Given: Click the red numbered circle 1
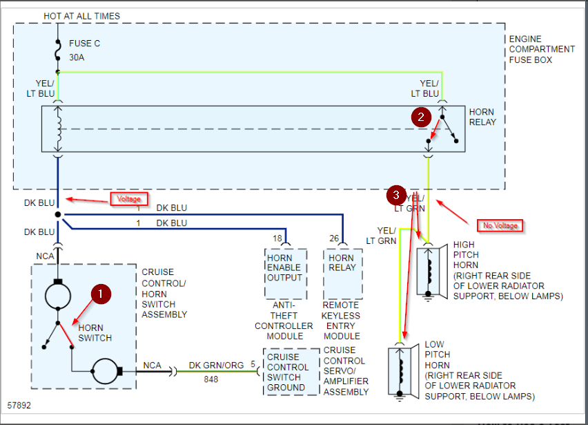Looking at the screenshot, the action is coord(101,294).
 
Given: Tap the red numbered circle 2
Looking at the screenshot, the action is coord(421,117).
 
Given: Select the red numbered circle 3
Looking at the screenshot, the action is coord(396,196).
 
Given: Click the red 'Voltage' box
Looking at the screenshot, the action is coord(128,199).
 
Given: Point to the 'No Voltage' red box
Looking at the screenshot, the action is coord(500,226).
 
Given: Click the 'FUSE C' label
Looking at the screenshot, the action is coord(84,44).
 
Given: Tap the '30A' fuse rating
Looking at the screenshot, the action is coord(77,57).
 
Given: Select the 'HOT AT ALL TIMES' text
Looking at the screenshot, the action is coord(81,16).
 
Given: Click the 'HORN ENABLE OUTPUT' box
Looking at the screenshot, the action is coord(286,274).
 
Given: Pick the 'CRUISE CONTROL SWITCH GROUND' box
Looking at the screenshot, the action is coord(291,372).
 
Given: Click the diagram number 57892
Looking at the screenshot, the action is coord(19,406).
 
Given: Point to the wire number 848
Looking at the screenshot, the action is coord(211,379).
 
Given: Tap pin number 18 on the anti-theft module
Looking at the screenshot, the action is coord(277,238).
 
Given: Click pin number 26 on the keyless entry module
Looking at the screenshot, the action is coord(334,238).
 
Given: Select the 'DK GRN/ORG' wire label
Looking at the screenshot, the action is coord(216,366).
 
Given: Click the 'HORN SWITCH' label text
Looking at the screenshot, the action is coord(95,333).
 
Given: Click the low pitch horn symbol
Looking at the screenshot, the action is coord(404,372).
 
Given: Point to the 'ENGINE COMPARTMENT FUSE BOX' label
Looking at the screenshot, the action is coord(542,50).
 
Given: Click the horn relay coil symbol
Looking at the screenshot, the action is coord(58,129).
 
